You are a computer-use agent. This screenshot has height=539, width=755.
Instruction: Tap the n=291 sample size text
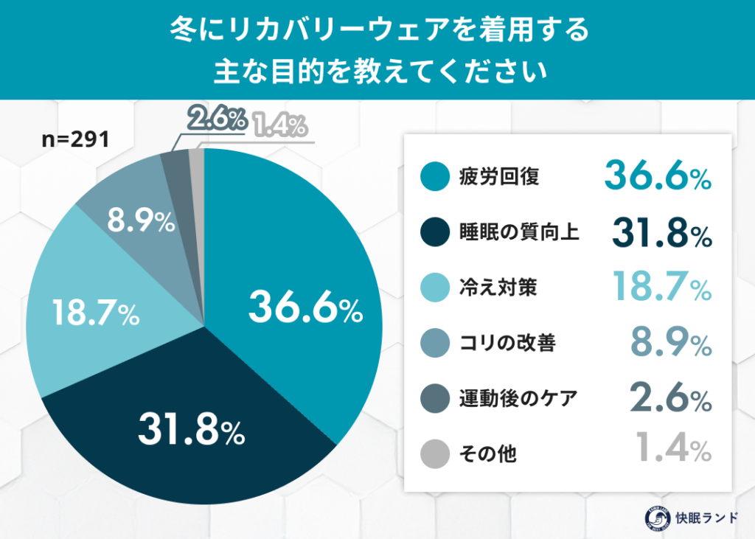click(74, 139)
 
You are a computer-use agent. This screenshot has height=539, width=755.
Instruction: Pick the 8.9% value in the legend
click(671, 341)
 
